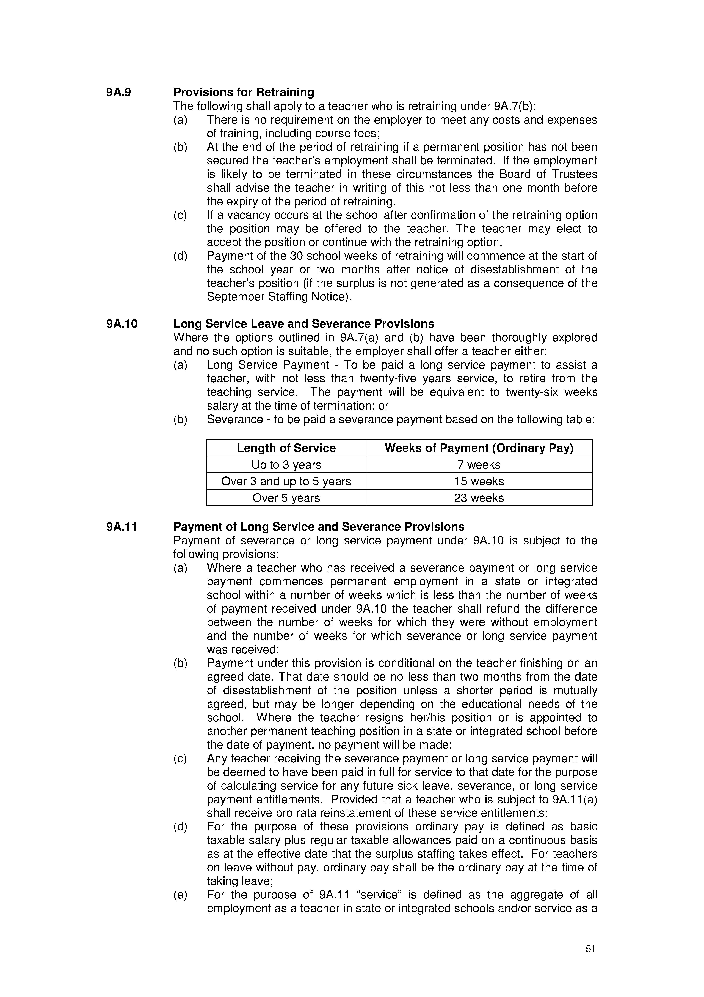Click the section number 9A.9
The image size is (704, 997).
pos(118,93)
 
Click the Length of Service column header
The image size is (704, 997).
pos(286,448)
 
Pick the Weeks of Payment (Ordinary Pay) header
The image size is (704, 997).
pos(479,448)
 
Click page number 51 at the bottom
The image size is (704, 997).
pos(590,949)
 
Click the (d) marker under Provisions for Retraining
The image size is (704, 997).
pos(180,256)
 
